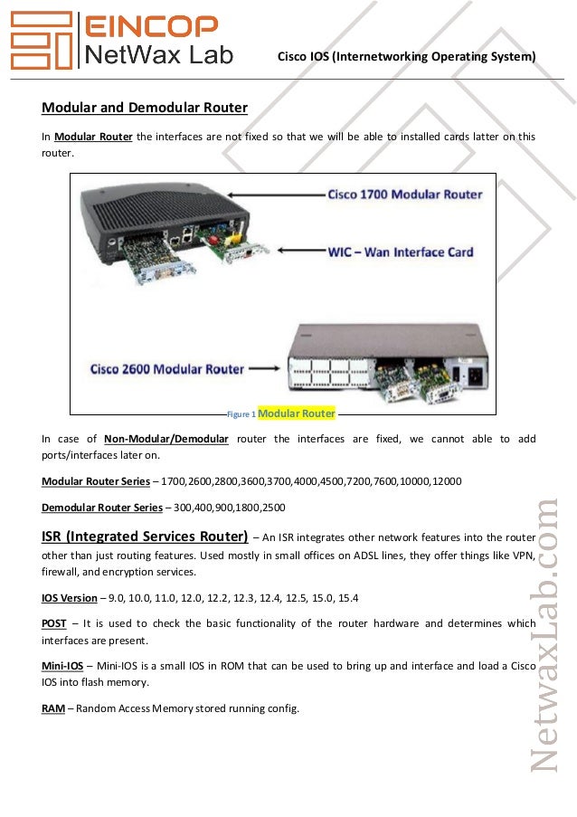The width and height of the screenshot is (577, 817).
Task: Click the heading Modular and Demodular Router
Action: point(145,108)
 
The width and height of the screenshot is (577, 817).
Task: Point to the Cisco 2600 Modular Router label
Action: point(167,369)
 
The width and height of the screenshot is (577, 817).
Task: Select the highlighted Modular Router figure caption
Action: point(297,413)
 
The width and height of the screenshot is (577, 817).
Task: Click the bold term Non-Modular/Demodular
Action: point(166,439)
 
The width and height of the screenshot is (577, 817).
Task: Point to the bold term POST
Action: point(53,623)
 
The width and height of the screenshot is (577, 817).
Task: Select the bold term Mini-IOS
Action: point(61,666)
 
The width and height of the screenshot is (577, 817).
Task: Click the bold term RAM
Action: point(52,708)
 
